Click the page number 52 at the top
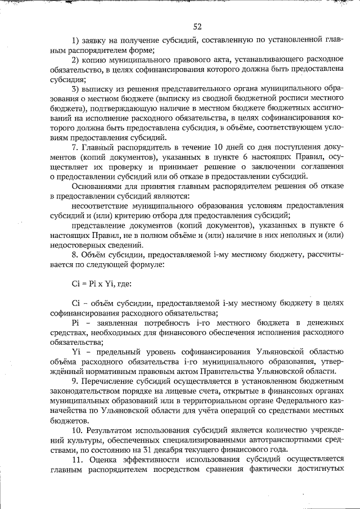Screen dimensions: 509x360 197,26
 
